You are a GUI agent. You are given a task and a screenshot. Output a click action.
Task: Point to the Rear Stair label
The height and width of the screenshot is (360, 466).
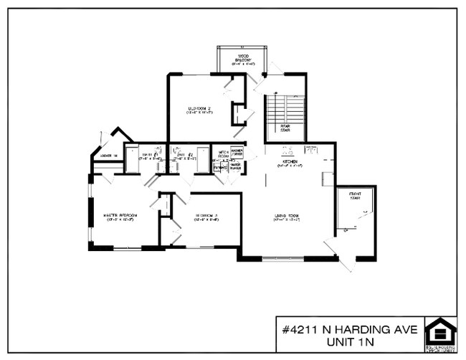[x=285, y=128]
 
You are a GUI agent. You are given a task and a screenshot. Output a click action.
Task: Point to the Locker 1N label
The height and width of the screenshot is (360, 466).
[x=108, y=154]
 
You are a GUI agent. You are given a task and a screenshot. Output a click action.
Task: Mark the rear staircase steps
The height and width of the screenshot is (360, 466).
[x=285, y=107]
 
